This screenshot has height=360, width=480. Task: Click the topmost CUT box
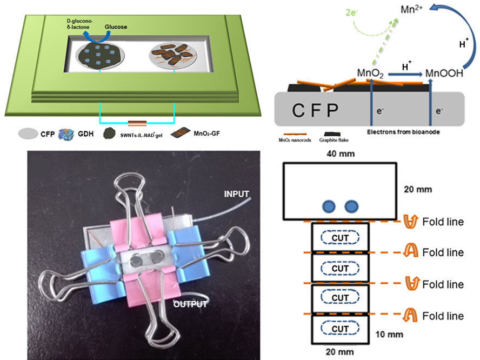[x=341, y=238]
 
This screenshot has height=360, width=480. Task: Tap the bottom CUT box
[x=341, y=328]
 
